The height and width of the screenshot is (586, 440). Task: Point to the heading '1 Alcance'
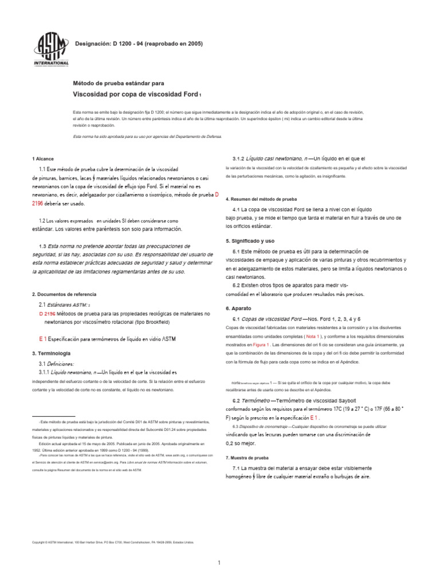pyautogui.click(x=43, y=159)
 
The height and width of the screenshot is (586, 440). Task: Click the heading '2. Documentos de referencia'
pyautogui.click(x=64, y=294)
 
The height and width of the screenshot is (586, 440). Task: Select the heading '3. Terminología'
pyautogui.click(x=52, y=353)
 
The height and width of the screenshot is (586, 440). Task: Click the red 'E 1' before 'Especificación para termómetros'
pyautogui.click(x=43, y=339)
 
